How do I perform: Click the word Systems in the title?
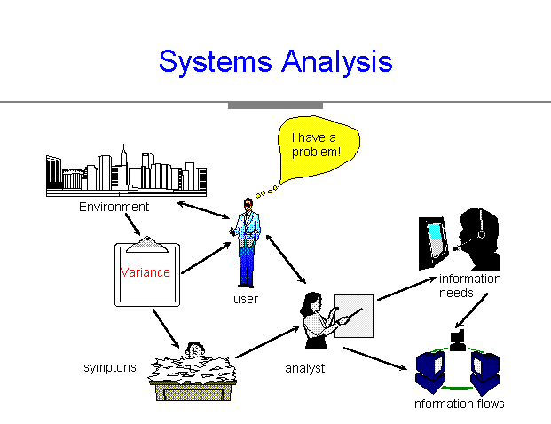point(216,62)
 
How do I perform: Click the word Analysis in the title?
point(337,62)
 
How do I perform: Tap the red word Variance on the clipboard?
point(146,272)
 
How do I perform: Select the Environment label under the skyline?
point(114,207)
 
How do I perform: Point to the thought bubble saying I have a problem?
point(318,147)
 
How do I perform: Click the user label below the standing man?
point(246,299)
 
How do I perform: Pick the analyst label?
point(304,368)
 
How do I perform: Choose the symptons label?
point(110,367)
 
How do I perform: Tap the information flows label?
point(458,404)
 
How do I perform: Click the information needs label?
point(470,286)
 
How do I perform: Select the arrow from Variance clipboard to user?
point(206,258)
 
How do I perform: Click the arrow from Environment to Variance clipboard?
point(133,224)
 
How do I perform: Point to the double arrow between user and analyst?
point(286,259)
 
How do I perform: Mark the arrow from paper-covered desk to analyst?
point(267,342)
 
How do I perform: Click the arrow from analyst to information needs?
point(407,289)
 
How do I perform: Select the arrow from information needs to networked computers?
point(471,310)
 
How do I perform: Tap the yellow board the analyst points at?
point(354,316)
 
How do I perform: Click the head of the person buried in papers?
point(195,349)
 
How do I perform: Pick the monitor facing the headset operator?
point(434,243)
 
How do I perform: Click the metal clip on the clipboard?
point(147,245)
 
